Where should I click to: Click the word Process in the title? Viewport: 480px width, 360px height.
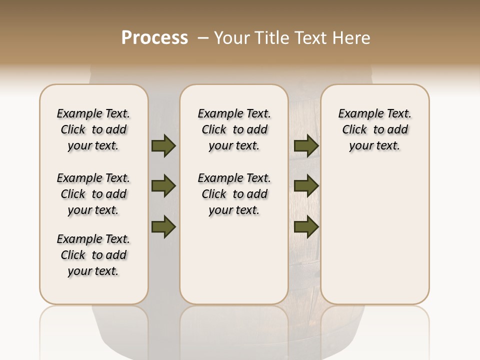(x=154, y=38)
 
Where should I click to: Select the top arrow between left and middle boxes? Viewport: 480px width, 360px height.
(x=163, y=146)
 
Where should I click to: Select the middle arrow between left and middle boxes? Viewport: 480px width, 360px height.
(x=163, y=186)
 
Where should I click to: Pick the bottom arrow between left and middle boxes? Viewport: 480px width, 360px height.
(x=163, y=227)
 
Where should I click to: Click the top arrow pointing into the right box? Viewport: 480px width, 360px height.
(x=306, y=146)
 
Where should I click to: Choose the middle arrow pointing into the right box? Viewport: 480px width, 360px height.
(x=306, y=186)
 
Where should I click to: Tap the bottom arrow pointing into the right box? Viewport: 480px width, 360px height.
(x=306, y=227)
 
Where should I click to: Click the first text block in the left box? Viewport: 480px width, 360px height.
(x=93, y=129)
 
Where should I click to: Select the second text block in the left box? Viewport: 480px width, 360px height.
(x=93, y=194)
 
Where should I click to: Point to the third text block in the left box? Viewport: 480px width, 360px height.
(x=93, y=255)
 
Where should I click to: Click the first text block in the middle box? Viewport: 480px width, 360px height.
(x=234, y=129)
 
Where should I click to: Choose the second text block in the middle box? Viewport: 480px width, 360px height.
(x=234, y=194)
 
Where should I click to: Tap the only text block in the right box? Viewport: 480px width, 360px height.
(x=374, y=129)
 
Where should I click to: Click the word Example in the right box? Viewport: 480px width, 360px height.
(x=357, y=114)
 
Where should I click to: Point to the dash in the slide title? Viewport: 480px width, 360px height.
(x=203, y=38)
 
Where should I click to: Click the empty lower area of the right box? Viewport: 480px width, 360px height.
(x=374, y=240)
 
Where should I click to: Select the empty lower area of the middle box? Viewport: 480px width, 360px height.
(x=234, y=260)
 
